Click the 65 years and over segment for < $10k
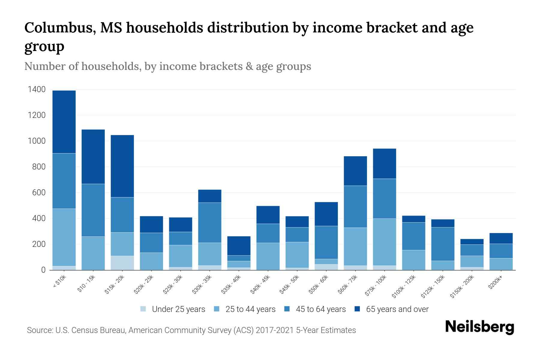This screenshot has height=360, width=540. pyautogui.click(x=64, y=122)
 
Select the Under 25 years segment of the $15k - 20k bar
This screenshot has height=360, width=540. pyautogui.click(x=122, y=263)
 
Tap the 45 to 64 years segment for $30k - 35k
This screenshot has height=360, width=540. pyautogui.click(x=210, y=223)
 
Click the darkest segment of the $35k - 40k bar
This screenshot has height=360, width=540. pyautogui.click(x=239, y=246)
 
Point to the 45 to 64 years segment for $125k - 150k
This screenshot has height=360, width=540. pyautogui.click(x=443, y=244)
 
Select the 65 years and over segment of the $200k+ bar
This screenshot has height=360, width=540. pyautogui.click(x=501, y=238)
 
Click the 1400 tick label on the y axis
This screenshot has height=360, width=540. pyautogui.click(x=37, y=89)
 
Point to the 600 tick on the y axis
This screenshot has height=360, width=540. pyautogui.click(x=39, y=193)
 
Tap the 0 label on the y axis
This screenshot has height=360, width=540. pyautogui.click(x=43, y=270)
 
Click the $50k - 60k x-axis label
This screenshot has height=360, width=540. pyautogui.click(x=319, y=284)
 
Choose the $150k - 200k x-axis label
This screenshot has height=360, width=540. pyautogui.click(x=462, y=286)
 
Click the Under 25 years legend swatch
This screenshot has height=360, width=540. pyautogui.click(x=143, y=309)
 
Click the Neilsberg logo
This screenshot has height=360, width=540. pyautogui.click(x=479, y=327)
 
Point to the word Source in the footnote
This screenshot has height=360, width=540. pyautogui.click(x=39, y=330)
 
